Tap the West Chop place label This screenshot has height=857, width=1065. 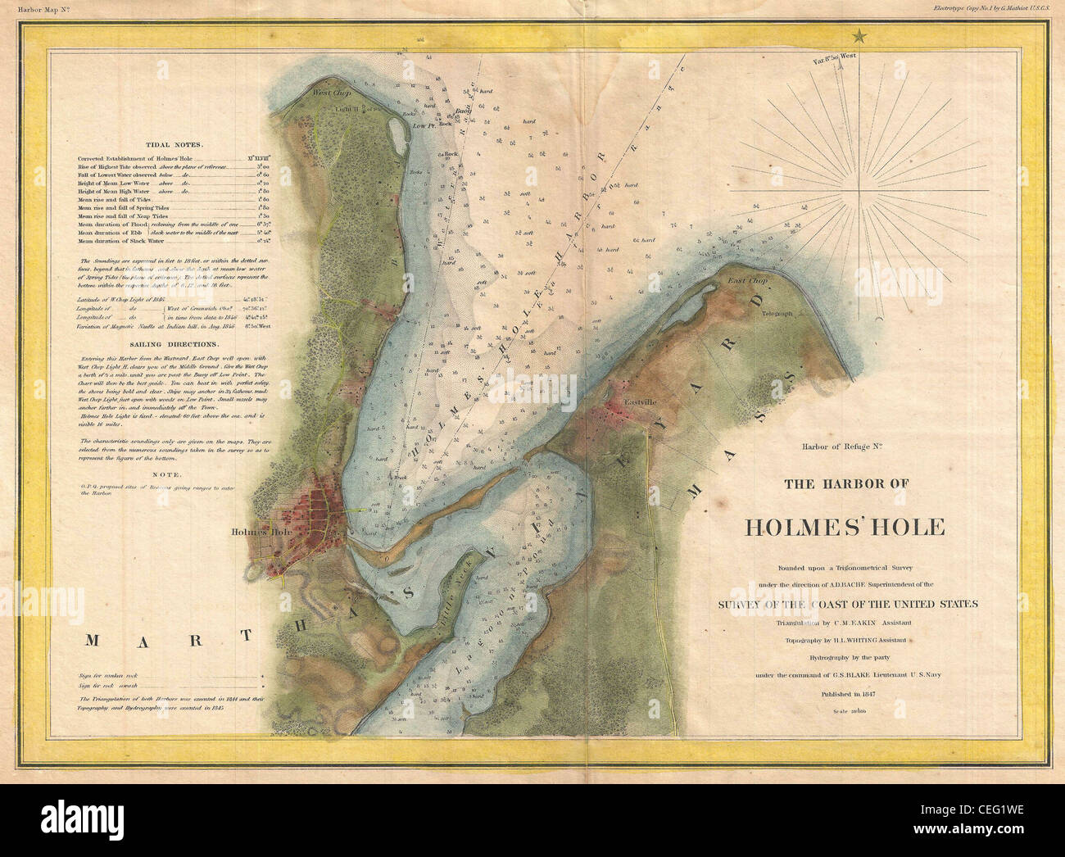[330, 93]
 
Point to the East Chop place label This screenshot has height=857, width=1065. [747, 282]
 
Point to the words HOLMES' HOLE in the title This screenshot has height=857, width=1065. [845, 527]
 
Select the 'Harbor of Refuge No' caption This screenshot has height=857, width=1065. [845, 447]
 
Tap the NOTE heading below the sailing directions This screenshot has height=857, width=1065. [173, 474]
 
